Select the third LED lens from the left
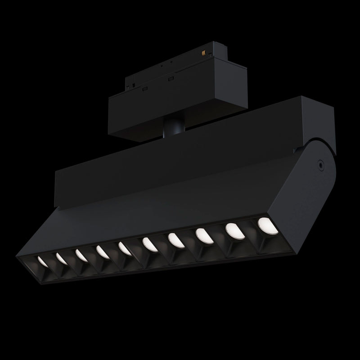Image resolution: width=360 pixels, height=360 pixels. (81, 255)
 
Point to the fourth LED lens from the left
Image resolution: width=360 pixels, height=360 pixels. (101, 251)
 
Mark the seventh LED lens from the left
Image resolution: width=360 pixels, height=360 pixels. (175, 240)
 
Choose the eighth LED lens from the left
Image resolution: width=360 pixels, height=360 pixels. (203, 235)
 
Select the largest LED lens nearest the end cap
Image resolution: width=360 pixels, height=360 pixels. (265, 224)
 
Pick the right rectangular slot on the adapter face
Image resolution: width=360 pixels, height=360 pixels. (171, 79)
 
